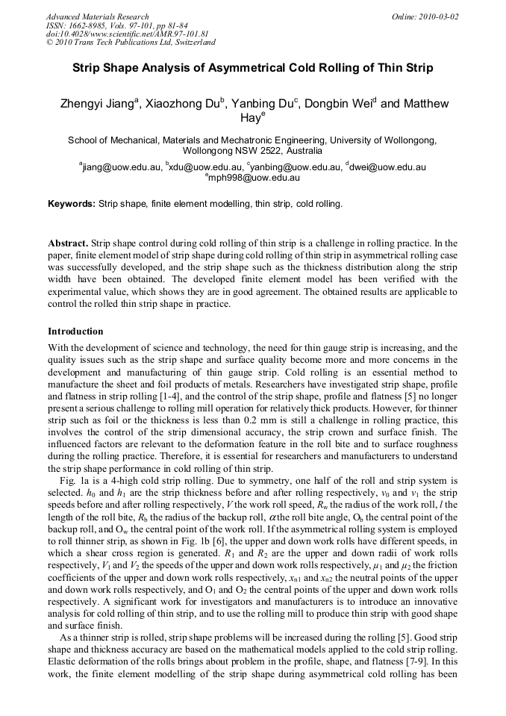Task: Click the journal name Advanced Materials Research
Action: [x=97, y=16]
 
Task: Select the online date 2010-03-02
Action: [x=437, y=16]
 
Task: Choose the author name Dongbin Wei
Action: [x=343, y=104]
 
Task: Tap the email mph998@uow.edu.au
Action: [x=254, y=178]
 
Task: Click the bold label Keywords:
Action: [x=72, y=203]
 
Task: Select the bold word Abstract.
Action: [x=69, y=243]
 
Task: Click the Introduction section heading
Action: [x=75, y=331]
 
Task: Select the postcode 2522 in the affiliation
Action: [x=274, y=150]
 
